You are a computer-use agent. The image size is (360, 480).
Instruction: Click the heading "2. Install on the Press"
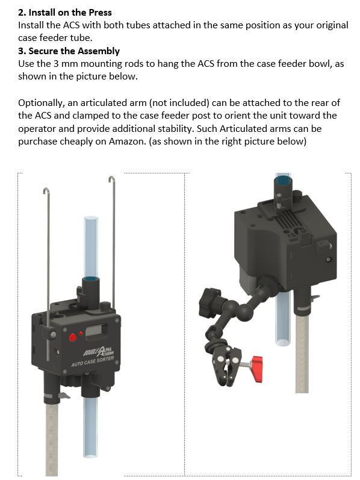click(65, 13)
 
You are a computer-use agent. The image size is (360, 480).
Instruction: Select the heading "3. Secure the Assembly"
click(69, 51)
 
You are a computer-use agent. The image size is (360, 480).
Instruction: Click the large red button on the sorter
click(73, 337)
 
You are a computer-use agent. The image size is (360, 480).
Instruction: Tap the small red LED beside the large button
click(81, 333)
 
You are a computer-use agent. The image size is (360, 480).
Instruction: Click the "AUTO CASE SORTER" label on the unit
click(93, 361)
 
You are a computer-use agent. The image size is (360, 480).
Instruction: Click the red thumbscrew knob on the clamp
click(257, 369)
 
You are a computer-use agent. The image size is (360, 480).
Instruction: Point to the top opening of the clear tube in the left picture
click(92, 219)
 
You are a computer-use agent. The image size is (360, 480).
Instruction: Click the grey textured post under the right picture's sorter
click(302, 354)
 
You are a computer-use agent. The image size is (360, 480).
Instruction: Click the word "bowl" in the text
click(321, 64)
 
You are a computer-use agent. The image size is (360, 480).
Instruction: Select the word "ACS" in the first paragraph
click(71, 25)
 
